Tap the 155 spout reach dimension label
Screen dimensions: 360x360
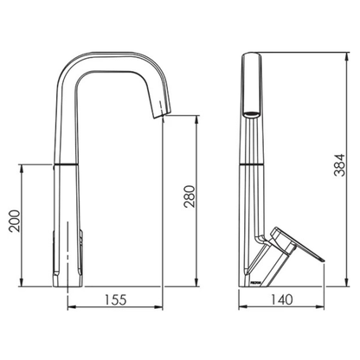[117, 300]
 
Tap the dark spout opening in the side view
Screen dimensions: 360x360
[249, 112]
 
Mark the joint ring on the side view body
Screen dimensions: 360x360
[250, 162]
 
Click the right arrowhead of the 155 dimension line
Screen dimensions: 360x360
[164, 307]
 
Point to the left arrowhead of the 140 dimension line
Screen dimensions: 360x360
[241, 307]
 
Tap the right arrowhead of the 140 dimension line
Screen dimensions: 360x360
[326, 307]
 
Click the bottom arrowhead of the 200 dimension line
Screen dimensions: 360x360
[21, 284]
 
